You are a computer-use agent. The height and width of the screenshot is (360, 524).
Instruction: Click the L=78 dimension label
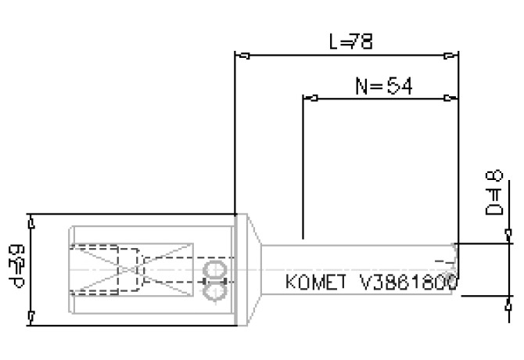click(351, 41)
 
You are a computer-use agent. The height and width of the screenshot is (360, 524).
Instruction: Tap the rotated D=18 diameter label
click(493, 199)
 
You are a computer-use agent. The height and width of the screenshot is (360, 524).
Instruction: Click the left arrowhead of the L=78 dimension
click(242, 56)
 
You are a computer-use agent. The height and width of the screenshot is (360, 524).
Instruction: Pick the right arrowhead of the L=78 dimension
click(450, 56)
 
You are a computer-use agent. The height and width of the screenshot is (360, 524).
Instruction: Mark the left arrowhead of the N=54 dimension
click(310, 99)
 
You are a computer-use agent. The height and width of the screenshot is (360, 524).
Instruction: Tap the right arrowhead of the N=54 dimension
click(450, 99)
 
